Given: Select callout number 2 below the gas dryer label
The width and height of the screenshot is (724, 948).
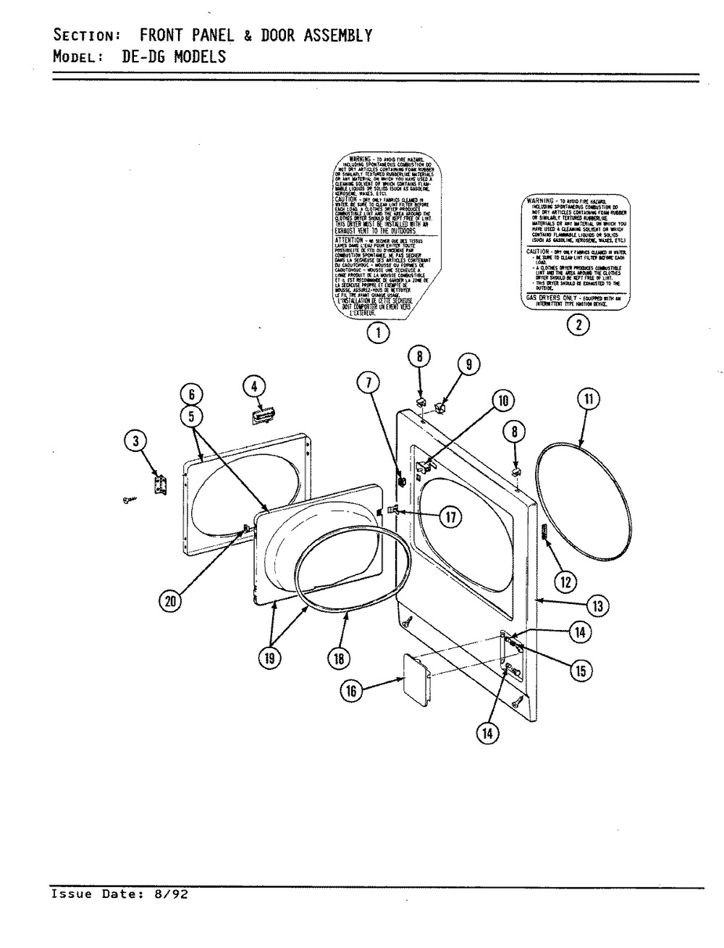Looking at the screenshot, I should pos(577,325).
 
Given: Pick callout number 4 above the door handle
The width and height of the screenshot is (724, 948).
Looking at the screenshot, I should pos(253,387).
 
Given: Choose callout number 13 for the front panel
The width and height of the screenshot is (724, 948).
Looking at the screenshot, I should pos(597,606).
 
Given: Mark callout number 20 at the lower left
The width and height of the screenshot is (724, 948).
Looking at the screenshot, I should pos(170,600).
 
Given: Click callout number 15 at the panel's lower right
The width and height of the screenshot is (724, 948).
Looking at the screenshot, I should pos(578,671).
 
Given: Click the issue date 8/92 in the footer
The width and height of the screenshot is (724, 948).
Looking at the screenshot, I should pos(172,894).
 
